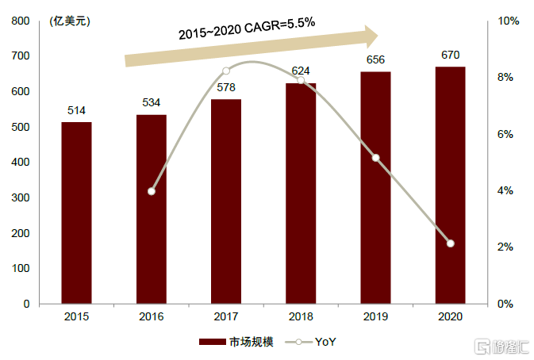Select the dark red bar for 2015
pyautogui.click(x=76, y=213)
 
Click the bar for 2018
pyautogui.click(x=301, y=193)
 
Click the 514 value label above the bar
pyautogui.click(x=76, y=110)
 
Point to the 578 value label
pyautogui.click(x=226, y=88)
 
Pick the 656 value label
pyautogui.click(x=375, y=60)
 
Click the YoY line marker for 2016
pyautogui.click(x=152, y=191)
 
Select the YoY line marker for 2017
pyautogui.click(x=226, y=71)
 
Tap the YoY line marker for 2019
pyautogui.click(x=375, y=158)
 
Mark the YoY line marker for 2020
pyautogui.click(x=450, y=243)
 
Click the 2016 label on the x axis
pyautogui.click(x=152, y=316)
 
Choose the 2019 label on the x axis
pyautogui.click(x=375, y=316)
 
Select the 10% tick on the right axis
pyautogui.click(x=508, y=21)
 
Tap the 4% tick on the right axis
pyautogui.click(x=505, y=191)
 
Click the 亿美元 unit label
pyautogui.click(x=70, y=21)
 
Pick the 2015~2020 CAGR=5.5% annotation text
pyautogui.click(x=247, y=31)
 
